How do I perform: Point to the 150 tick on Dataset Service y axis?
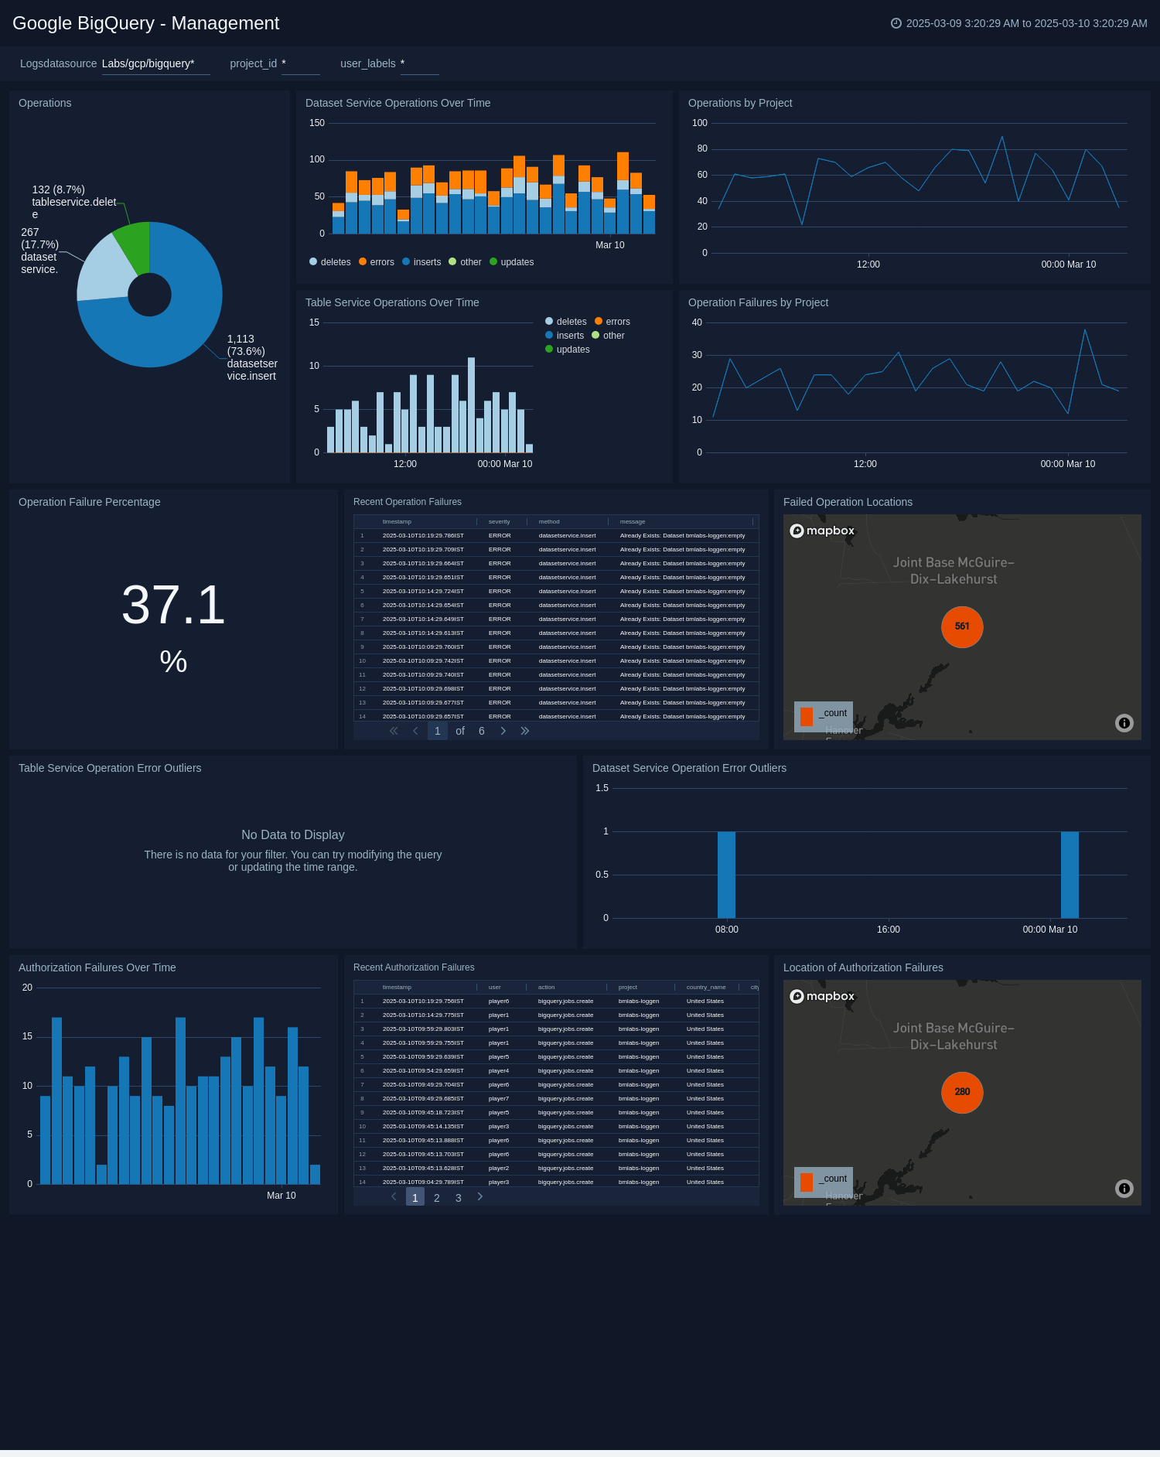coord(317,123)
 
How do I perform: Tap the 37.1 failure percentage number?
coord(173,605)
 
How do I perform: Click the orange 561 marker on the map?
coord(962,626)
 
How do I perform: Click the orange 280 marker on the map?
coord(962,1092)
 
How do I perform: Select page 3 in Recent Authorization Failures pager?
coord(459,1198)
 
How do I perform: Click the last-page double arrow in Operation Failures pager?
coord(525,731)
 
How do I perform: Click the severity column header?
coord(499,522)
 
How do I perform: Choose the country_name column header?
coord(705,988)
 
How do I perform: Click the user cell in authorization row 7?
coord(499,1085)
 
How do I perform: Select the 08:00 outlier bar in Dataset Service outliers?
coord(726,874)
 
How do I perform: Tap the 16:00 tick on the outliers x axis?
coord(889,930)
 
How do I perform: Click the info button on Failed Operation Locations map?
coord(1124,723)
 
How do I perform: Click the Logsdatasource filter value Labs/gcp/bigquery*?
coord(148,63)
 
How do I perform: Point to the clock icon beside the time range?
coord(896,23)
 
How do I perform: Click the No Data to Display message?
coord(292,835)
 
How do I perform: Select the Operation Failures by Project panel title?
coord(758,302)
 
